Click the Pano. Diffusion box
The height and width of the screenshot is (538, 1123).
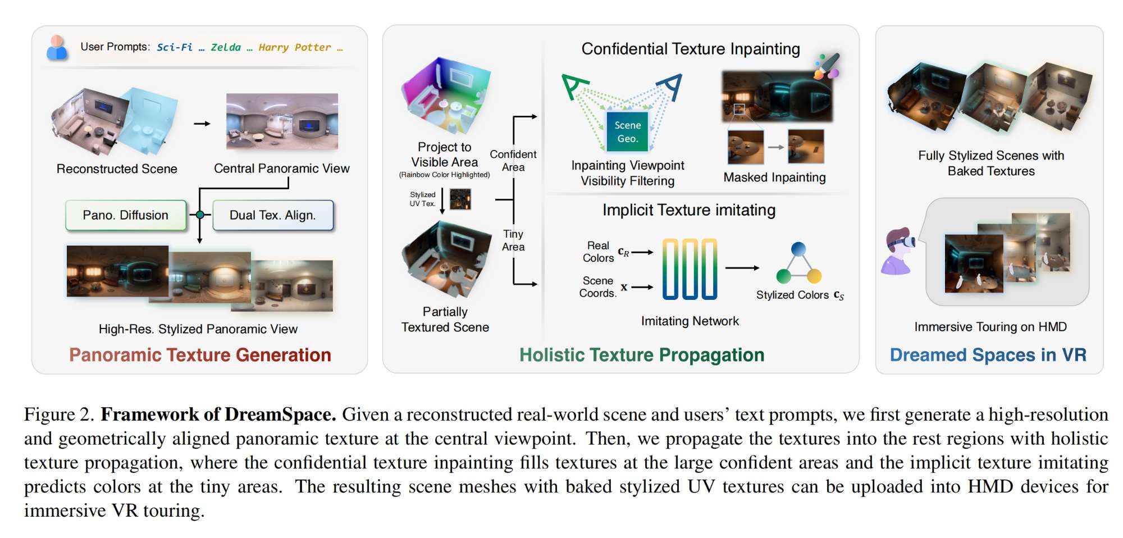[126, 215]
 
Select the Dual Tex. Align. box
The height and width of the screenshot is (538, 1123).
[273, 215]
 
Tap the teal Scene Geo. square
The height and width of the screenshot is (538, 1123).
[627, 132]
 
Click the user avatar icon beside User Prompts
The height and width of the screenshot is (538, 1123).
[57, 48]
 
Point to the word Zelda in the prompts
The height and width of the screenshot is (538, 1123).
[226, 48]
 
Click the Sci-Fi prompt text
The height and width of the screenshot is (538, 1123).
[174, 48]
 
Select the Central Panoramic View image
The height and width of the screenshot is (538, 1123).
[282, 121]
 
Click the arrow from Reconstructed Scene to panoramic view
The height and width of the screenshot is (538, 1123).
[202, 124]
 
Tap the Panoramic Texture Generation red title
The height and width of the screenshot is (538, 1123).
[200, 355]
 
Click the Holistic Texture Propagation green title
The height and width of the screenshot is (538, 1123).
[642, 355]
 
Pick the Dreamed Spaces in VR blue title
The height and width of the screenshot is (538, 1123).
[988, 355]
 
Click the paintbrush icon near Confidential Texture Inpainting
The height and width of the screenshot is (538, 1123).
[827, 66]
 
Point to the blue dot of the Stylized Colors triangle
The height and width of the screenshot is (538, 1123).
[798, 249]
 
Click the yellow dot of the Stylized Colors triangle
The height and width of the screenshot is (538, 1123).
[814, 276]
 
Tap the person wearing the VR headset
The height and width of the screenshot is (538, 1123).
[898, 250]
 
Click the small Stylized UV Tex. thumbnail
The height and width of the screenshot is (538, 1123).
[460, 199]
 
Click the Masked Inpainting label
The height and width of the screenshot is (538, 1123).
[774, 177]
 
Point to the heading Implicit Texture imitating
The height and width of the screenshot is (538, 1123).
[689, 210]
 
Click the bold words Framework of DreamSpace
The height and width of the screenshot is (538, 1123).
[218, 414]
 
